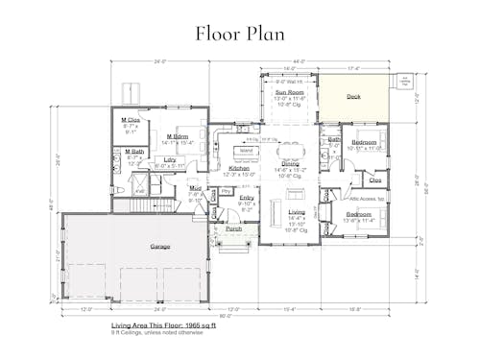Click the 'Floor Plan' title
pos(239,33)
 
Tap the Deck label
pos(353,97)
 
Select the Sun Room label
pos(288,93)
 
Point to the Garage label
pos(160,247)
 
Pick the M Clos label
pos(131,120)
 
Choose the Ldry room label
pos(170,159)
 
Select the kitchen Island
pos(247,151)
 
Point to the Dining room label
pos(290,163)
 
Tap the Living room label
pos(297,212)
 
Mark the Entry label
pos(247,197)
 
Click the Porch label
pos(233,229)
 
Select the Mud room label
pos(195,188)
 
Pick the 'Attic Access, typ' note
pos(366,198)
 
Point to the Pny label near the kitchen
pos(225,191)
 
